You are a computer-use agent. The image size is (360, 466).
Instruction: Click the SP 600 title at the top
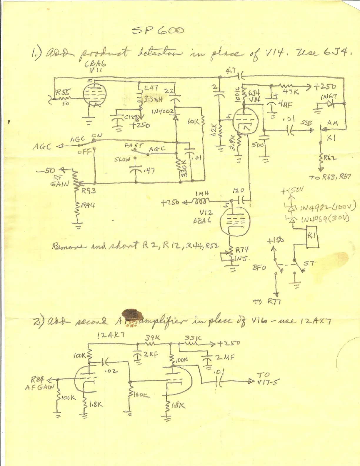[158, 31]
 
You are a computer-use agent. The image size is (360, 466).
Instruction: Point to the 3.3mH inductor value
[153, 100]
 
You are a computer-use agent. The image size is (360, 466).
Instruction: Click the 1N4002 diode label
[161, 112]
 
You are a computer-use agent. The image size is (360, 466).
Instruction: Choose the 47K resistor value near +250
[291, 92]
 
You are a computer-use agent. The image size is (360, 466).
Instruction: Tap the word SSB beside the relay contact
[306, 123]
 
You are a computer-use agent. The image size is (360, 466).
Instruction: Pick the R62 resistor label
[330, 159]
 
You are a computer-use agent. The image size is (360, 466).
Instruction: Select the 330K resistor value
[184, 171]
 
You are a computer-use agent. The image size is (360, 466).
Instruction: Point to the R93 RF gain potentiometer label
[89, 191]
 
